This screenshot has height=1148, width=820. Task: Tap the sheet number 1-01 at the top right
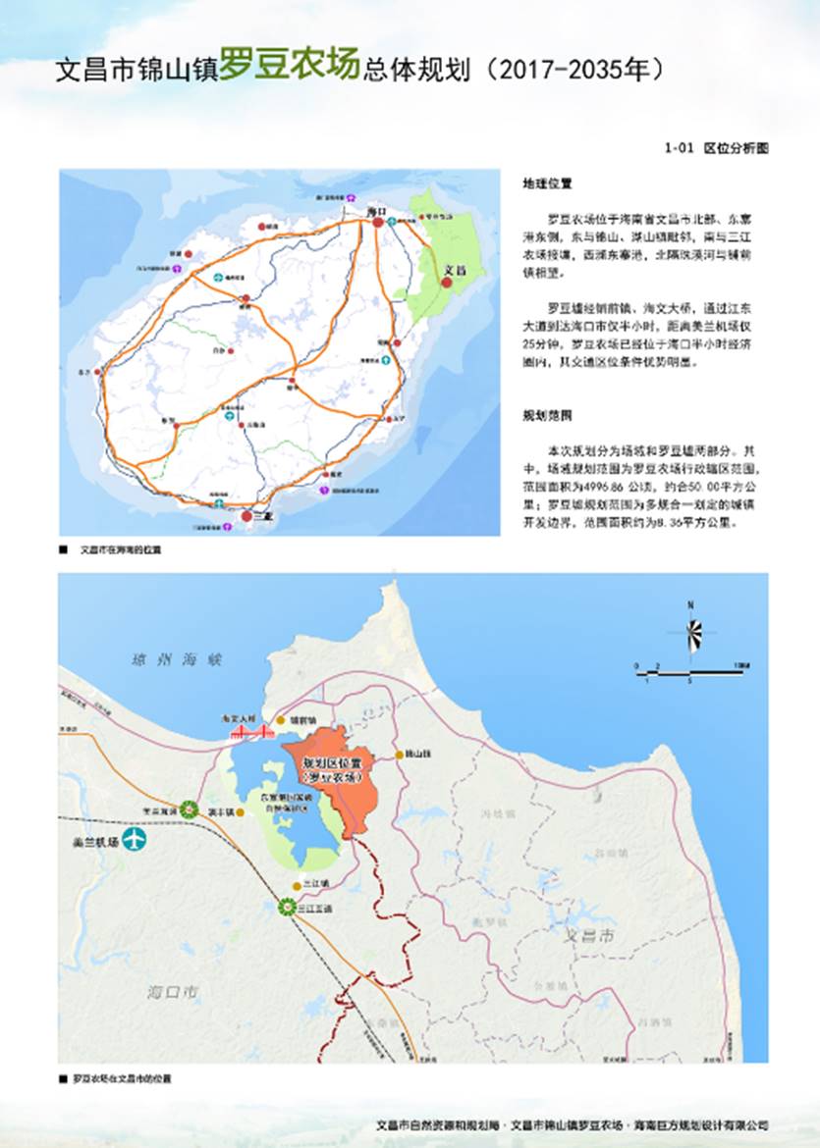click(x=680, y=149)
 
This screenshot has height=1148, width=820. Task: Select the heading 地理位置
click(x=547, y=183)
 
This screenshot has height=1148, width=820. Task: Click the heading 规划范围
click(x=547, y=415)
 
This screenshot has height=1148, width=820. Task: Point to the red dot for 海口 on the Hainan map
click(x=377, y=224)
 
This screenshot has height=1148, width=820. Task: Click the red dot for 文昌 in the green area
click(x=446, y=282)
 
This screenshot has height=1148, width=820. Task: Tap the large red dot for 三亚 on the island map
click(x=246, y=514)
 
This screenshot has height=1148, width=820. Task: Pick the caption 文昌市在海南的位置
click(x=119, y=549)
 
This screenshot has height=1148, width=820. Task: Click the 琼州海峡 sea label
click(x=165, y=660)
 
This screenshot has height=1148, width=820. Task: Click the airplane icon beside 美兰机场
click(x=134, y=840)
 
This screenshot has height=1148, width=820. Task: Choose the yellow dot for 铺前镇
click(x=280, y=719)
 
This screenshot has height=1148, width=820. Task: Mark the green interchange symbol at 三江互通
click(x=287, y=908)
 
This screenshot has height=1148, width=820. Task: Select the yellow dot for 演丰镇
click(x=240, y=812)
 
